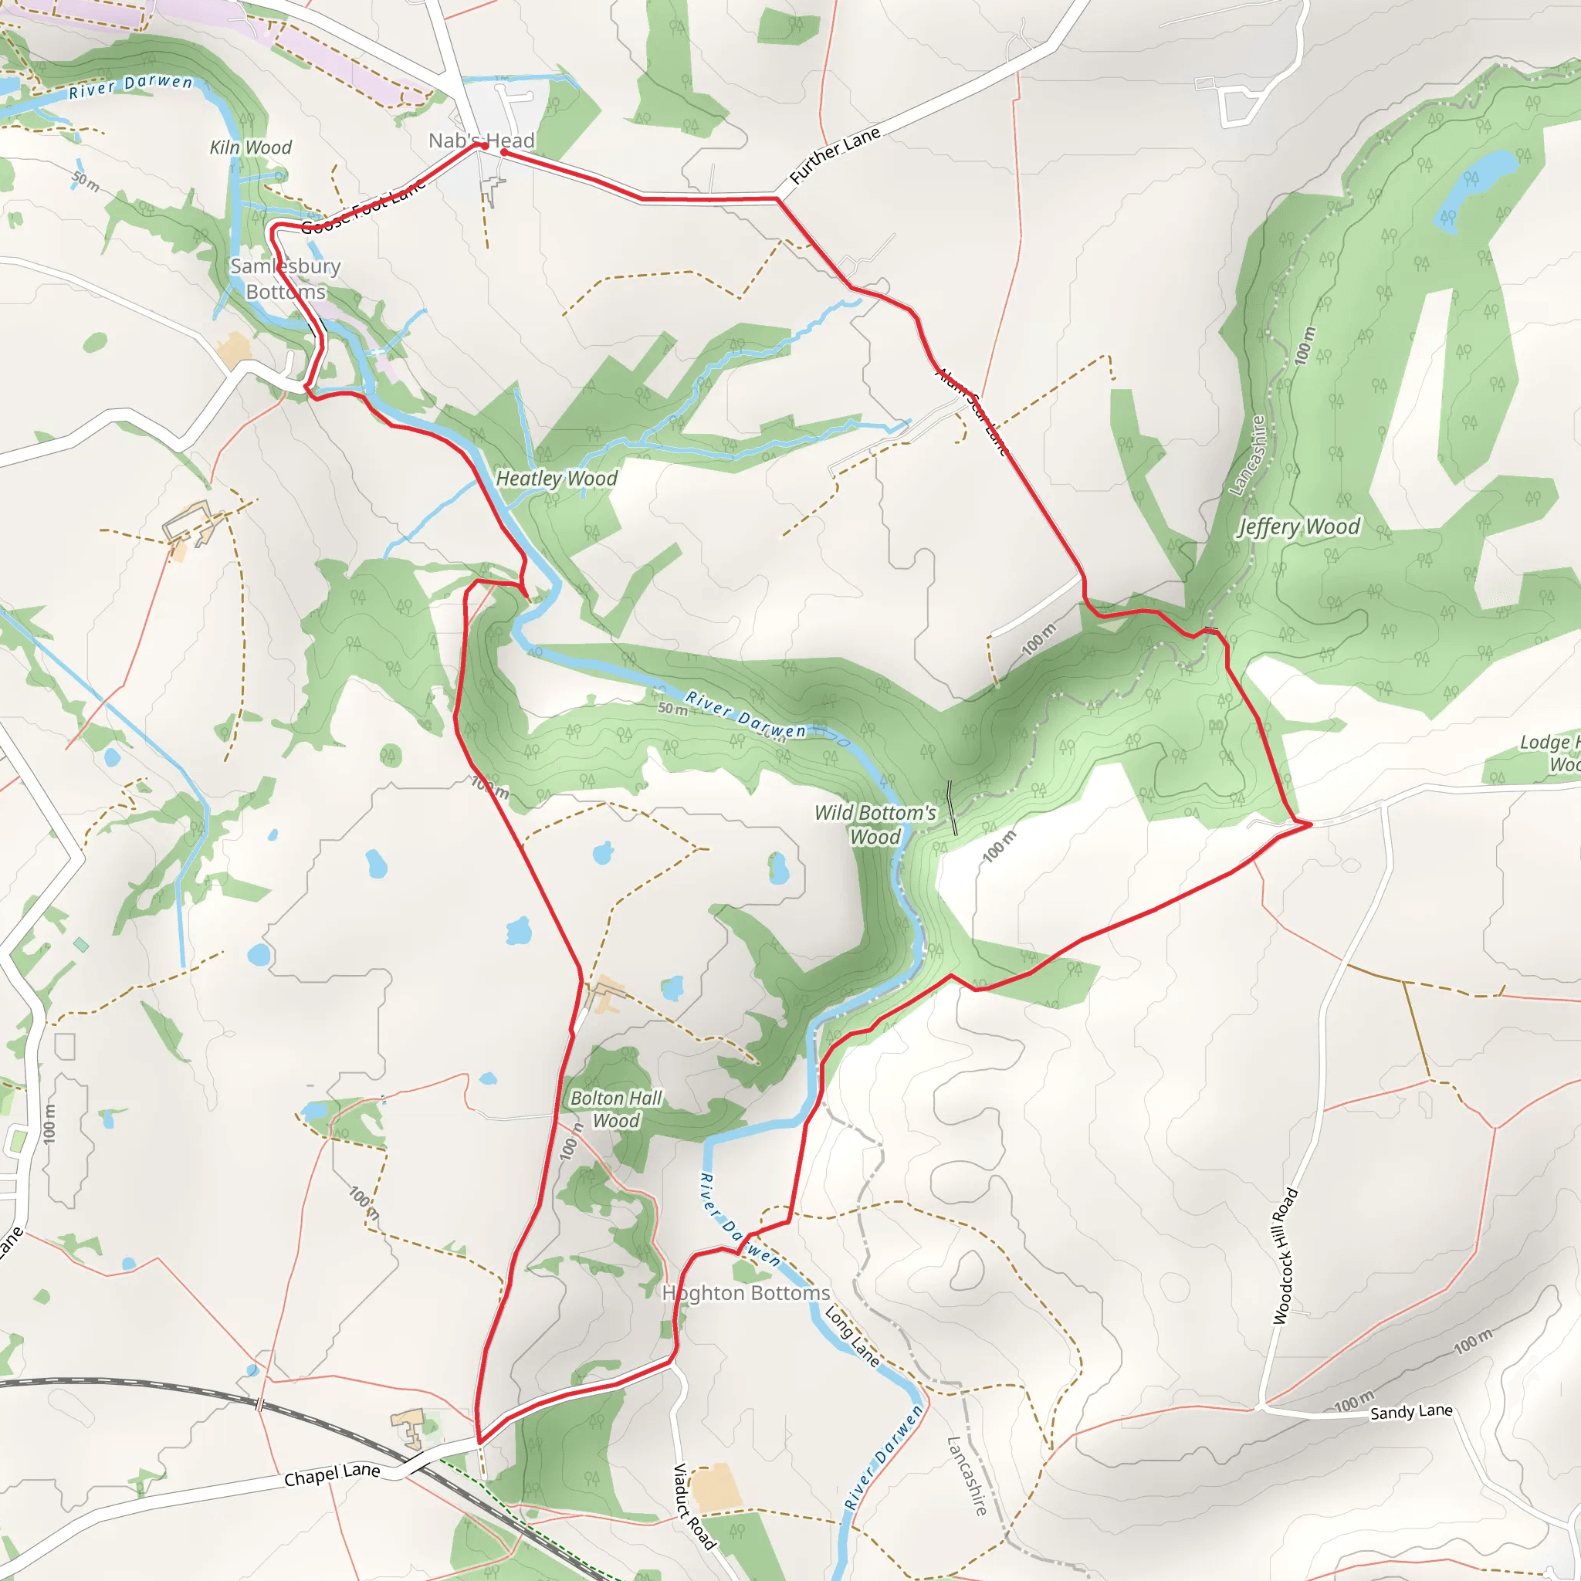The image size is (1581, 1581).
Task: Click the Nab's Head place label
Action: tap(481, 140)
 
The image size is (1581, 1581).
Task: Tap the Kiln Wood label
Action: tap(250, 147)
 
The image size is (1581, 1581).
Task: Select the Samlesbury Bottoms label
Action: tap(285, 279)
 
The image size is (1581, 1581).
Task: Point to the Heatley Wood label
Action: tap(557, 479)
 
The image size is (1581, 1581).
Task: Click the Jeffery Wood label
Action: tap(1298, 526)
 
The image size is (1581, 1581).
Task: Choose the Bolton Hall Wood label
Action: tap(615, 1109)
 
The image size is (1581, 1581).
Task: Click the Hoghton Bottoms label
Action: tap(746, 1293)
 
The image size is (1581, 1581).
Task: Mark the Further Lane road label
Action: tap(835, 155)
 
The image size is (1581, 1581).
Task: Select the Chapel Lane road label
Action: tap(331, 1474)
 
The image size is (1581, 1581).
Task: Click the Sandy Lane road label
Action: tap(1411, 1412)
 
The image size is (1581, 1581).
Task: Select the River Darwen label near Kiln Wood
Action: tap(130, 86)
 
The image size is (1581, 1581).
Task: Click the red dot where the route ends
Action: tap(504, 152)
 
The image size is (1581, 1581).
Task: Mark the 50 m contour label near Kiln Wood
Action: tap(85, 181)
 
